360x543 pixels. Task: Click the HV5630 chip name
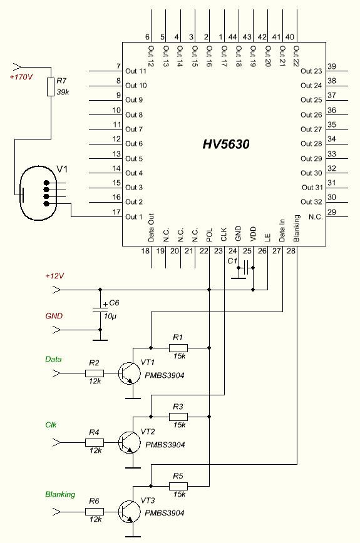pos(226,144)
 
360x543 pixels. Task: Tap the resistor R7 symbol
pos(51,86)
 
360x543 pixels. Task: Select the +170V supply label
pos(21,77)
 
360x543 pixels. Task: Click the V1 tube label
pos(62,169)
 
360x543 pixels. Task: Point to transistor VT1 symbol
pos(129,373)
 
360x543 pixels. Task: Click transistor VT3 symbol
pos(129,512)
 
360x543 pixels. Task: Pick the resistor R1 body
pos(178,348)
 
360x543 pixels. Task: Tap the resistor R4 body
pos(95,442)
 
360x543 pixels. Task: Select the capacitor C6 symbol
pos(100,310)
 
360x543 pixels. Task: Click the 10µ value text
pos(110,316)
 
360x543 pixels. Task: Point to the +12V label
pos(54,276)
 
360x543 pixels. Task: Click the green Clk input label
pos(51,425)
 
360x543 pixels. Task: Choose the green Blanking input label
pos(60,494)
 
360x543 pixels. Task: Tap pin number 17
pos(117,212)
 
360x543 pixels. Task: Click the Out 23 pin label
pos(311,71)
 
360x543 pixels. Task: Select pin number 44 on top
pos(232,37)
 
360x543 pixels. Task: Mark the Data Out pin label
pos(151,228)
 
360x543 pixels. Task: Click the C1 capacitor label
pos(232,261)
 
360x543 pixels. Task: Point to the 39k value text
pos(63,92)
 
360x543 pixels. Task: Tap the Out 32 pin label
pos(311,202)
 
